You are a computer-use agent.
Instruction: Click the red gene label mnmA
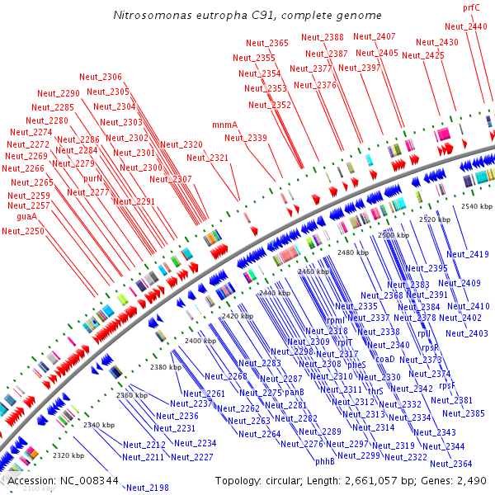point(224,125)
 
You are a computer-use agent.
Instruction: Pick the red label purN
point(92,178)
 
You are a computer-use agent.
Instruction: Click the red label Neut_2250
point(23,231)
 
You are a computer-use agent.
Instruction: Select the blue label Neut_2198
point(147,488)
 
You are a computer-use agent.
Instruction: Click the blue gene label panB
point(295,393)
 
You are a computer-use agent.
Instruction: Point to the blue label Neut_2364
point(451,464)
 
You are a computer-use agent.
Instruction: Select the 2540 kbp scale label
point(478,206)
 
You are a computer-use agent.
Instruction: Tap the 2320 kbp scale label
point(68,455)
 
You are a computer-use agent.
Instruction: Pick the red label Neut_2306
point(101,77)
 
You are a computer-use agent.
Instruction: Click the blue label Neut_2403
point(467,333)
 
